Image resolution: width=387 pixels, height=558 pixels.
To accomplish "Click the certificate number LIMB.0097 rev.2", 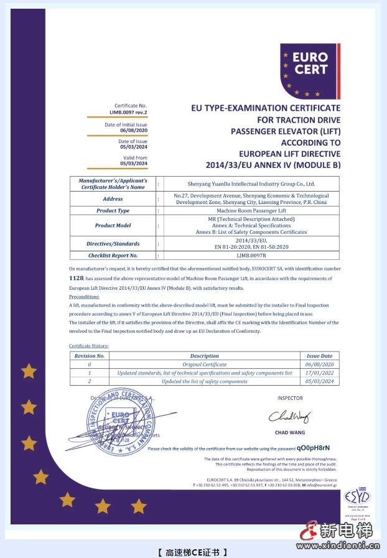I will click(x=129, y=113).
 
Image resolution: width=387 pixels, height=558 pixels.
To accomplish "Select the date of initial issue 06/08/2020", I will click(x=134, y=131).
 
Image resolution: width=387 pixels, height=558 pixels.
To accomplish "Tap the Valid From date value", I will click(x=134, y=164).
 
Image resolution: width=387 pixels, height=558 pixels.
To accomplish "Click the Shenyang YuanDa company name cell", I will click(x=251, y=184).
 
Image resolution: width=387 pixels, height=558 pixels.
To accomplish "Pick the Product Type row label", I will click(x=113, y=210).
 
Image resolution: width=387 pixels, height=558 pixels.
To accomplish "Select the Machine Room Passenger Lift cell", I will click(x=251, y=210).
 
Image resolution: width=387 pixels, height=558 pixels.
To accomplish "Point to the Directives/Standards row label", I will click(x=113, y=243).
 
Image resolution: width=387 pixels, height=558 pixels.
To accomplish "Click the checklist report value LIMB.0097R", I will click(x=251, y=255).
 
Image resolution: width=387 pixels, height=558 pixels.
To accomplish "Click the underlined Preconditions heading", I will click(x=84, y=297).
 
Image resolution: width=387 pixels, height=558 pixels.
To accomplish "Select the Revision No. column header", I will click(x=89, y=356).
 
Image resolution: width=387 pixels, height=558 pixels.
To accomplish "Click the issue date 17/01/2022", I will click(x=320, y=373).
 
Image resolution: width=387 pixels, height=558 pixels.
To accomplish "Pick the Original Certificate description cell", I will click(x=205, y=365).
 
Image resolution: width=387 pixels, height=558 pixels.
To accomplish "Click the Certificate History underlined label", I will click(x=89, y=345).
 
